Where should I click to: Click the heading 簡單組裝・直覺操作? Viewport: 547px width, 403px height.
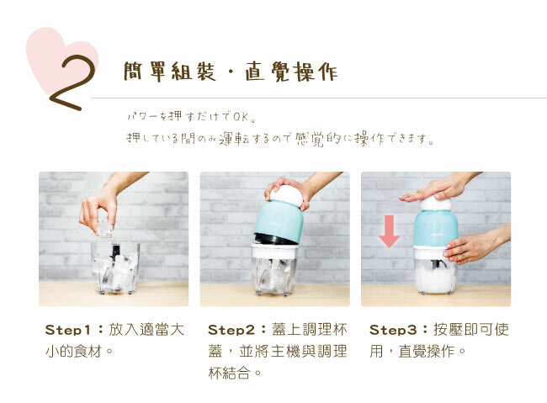coord(230,72)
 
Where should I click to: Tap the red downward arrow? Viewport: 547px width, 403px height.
coord(389,230)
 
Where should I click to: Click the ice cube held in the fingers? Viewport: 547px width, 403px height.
coord(104,225)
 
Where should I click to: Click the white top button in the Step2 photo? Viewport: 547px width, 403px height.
coord(284,194)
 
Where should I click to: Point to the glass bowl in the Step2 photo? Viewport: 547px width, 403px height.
coord(274,271)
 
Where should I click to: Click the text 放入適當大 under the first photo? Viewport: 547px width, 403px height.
coord(148,328)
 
